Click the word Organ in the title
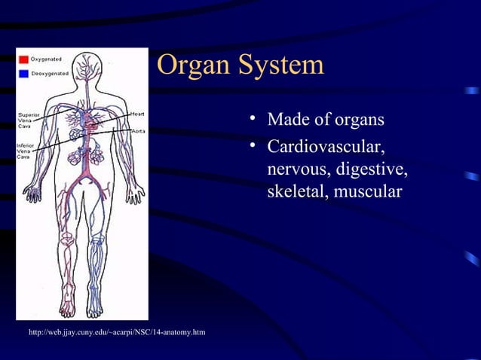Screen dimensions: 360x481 pos(192,67)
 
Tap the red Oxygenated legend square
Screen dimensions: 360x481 pos(24,58)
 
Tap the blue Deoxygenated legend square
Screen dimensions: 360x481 pos(24,73)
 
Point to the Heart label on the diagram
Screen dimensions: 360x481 pos(137,114)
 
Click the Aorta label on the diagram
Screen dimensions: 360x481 pos(138,131)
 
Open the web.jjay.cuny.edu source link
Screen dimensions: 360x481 pos(115,332)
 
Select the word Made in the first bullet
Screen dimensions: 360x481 pos(286,121)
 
